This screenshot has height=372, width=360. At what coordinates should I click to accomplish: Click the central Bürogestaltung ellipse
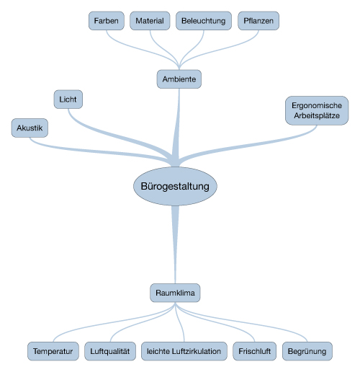(175, 186)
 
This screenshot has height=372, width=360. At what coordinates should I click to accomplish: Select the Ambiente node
(179, 79)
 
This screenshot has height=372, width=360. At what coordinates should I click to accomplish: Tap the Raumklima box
(175, 293)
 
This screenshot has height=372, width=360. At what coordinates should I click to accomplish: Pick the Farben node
(107, 21)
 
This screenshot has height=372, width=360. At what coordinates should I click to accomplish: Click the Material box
(150, 21)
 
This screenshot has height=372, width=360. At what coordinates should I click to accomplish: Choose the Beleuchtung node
(204, 21)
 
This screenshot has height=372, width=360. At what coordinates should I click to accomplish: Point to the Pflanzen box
(258, 21)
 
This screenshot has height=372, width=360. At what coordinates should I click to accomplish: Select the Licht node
(68, 99)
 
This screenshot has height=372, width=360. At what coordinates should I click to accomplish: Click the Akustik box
(30, 128)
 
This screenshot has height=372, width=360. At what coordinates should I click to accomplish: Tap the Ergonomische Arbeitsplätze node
(317, 110)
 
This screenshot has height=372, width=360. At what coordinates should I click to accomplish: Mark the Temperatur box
(53, 351)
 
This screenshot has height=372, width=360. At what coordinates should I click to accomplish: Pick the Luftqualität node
(110, 351)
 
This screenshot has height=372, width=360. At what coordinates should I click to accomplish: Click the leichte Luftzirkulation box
(184, 351)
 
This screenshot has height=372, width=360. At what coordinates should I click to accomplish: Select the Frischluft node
(254, 351)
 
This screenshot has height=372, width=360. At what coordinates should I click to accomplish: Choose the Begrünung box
(307, 351)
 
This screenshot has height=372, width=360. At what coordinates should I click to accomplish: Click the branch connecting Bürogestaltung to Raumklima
(175, 244)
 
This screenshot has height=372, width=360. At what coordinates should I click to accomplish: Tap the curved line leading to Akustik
(96, 151)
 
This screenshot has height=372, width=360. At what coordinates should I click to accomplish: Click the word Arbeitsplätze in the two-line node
(317, 115)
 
